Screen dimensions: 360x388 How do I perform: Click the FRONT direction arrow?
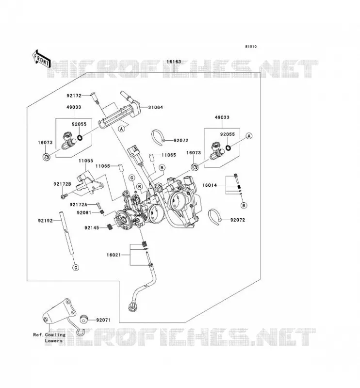point(41,61)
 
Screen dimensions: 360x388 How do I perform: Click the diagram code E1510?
point(251,47)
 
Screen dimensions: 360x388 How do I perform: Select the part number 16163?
point(174,62)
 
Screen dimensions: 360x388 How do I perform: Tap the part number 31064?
point(155,107)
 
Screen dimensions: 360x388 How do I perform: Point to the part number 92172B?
point(63,184)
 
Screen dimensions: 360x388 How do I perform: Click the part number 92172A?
point(79,204)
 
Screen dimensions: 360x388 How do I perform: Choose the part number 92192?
point(45,221)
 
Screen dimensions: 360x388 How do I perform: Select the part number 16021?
point(114,255)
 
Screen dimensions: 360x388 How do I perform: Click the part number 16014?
point(210,185)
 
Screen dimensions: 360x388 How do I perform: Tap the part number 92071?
point(103,320)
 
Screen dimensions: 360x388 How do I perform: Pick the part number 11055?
point(86,161)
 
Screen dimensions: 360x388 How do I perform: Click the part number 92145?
point(92,227)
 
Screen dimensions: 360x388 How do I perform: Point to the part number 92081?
point(84,212)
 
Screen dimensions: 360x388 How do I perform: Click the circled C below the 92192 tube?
point(76,268)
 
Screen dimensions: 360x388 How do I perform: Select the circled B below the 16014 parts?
point(244,205)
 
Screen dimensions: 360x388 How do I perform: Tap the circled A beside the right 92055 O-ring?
point(249,136)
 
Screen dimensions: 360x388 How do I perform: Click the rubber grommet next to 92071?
point(84,319)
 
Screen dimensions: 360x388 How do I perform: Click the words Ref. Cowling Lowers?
point(49,338)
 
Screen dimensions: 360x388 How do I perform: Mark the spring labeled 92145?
point(110,226)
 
